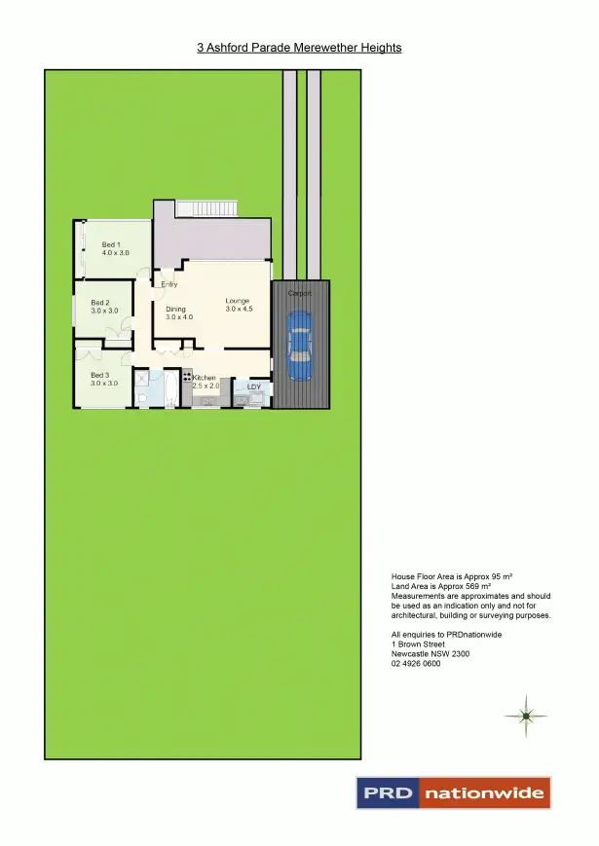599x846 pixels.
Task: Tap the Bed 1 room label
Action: pyautogui.click(x=111, y=244)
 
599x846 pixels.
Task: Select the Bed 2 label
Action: pyautogui.click(x=101, y=303)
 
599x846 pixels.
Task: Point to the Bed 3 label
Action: pyautogui.click(x=100, y=375)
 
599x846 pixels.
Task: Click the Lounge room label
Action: pyautogui.click(x=238, y=301)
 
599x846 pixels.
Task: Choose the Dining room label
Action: pyautogui.click(x=175, y=310)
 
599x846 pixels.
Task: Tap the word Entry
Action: pyautogui.click(x=169, y=284)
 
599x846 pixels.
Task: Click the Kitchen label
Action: pyautogui.click(x=205, y=378)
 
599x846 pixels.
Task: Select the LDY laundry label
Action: pyautogui.click(x=254, y=387)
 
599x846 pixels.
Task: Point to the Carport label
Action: pyautogui.click(x=300, y=293)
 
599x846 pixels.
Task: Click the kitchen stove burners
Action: pyautogui.click(x=187, y=375)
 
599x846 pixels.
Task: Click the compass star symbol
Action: pyautogui.click(x=525, y=716)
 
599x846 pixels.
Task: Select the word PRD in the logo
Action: pyautogui.click(x=388, y=793)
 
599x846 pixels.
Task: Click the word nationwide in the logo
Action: pyautogui.click(x=484, y=793)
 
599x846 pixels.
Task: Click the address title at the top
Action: pyautogui.click(x=299, y=47)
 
